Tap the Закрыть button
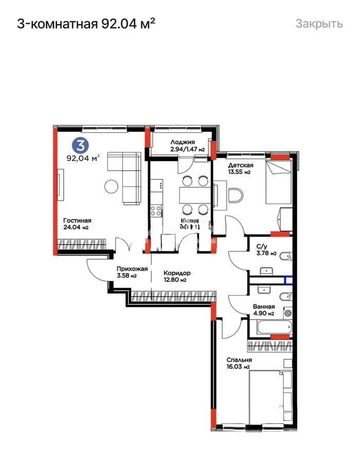pos(318,24)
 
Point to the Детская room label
pos(241,165)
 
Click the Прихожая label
pos(132,269)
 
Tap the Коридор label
pos(177,273)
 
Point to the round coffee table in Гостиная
pos(111,186)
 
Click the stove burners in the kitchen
pos(155,210)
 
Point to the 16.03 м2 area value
pos(239,367)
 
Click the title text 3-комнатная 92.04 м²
pos(86,23)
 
